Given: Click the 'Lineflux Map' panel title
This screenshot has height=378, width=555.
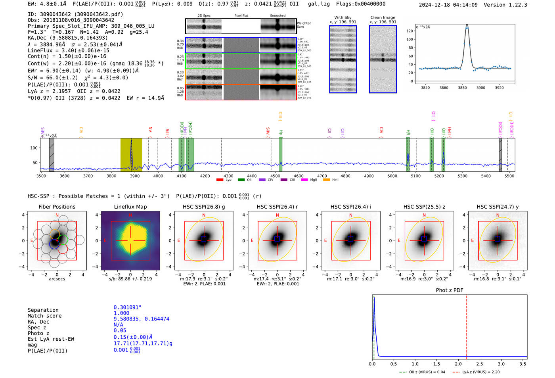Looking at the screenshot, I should pyautogui.click(x=130, y=207).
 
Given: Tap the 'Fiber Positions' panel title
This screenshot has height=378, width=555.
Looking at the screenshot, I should pyautogui.click(x=57, y=207).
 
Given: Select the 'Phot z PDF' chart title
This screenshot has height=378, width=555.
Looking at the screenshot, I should pyautogui.click(x=450, y=290).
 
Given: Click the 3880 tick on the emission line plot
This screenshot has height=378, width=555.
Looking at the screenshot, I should pyautogui.click(x=462, y=88).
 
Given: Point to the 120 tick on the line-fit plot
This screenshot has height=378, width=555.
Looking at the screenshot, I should pyautogui.click(x=410, y=31).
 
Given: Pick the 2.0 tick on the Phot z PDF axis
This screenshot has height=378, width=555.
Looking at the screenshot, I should pyautogui.click(x=458, y=364).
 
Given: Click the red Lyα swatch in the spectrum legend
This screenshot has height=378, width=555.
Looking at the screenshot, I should pyautogui.click(x=220, y=180).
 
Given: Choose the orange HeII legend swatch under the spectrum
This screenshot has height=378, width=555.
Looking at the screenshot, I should pyautogui.click(x=327, y=180).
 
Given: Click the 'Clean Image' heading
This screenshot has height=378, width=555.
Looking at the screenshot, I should pyautogui.click(x=383, y=17).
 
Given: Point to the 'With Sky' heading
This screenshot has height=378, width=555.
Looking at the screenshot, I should pyautogui.click(x=343, y=17).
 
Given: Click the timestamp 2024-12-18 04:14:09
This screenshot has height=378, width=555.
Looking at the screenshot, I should pyautogui.click(x=448, y=5).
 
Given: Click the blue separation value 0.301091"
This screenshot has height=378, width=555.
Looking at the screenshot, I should pyautogui.click(x=127, y=307).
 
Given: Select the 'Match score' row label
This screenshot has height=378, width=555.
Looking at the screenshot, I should pyautogui.click(x=44, y=316).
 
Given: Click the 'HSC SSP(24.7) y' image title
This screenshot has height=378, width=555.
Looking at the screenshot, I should pyautogui.click(x=498, y=207).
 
